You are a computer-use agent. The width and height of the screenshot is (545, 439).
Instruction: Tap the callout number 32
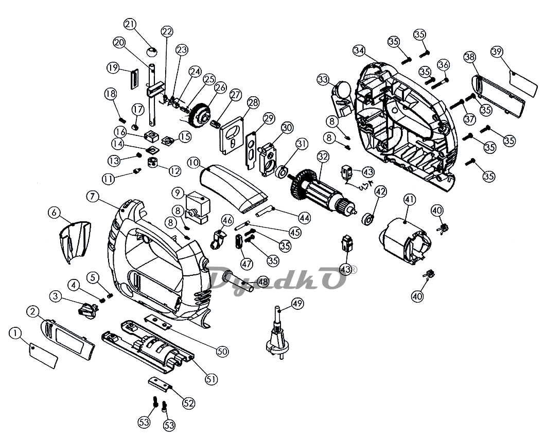click(x=323, y=157)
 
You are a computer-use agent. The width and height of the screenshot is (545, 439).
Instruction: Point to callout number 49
click(x=297, y=304)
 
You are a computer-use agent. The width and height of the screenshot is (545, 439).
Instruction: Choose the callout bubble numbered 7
click(x=92, y=197)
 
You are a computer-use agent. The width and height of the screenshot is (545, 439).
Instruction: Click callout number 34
click(x=359, y=51)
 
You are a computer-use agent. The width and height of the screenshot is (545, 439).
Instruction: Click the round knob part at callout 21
click(x=151, y=52)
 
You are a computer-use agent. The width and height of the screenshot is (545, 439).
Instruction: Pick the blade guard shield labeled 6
click(x=75, y=241)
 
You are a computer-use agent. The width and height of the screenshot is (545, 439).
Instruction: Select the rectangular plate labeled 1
click(x=43, y=355)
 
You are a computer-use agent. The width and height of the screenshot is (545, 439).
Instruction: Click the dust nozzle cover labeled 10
click(x=233, y=189)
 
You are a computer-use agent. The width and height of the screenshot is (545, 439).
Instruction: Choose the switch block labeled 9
click(x=198, y=207)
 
